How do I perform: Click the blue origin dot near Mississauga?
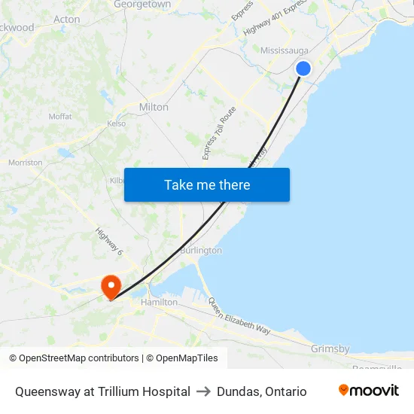[303, 68]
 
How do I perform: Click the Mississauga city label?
[285, 50]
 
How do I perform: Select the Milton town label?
[154, 107]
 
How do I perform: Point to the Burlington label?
[201, 250]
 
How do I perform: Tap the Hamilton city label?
[160, 302]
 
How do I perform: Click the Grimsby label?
[330, 349]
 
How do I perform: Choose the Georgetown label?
[142, 5]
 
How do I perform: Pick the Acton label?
[67, 19]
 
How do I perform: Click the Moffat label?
[60, 117]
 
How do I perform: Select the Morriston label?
[25, 163]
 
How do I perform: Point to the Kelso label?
[117, 123]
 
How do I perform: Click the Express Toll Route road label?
[219, 132]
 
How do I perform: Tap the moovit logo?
[369, 391]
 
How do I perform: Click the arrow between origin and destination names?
[203, 391]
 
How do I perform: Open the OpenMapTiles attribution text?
[182, 358]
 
